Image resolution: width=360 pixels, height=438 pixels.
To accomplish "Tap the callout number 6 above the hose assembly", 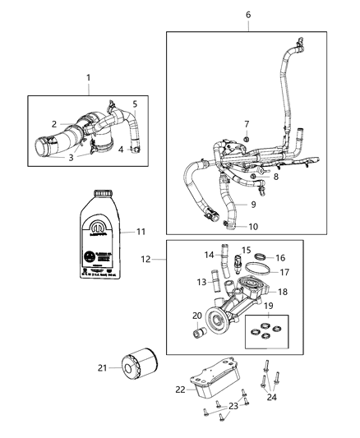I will [248, 15].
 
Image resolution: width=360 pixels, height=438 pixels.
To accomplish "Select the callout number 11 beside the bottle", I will [141, 233].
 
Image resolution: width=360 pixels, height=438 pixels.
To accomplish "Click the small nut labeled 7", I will [245, 145].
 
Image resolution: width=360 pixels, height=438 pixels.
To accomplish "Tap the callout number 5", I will [136, 104].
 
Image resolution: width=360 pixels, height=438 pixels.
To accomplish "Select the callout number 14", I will [208, 255].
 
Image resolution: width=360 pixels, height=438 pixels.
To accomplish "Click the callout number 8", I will [254, 177].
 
